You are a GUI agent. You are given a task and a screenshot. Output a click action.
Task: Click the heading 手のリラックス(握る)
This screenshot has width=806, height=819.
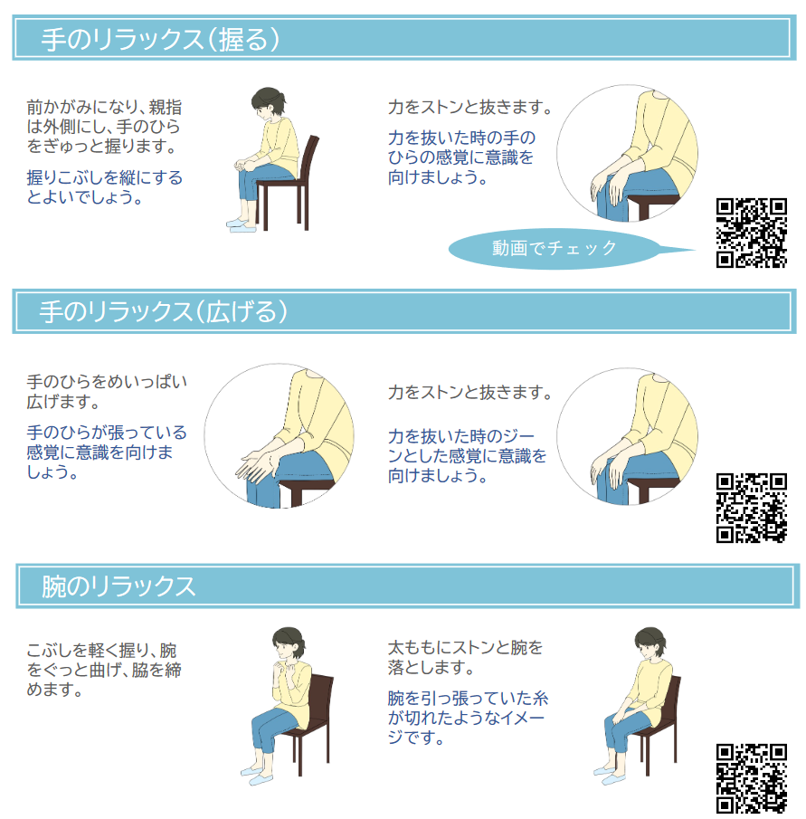[160, 39]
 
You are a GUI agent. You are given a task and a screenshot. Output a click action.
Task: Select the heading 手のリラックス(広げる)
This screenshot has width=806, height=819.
[164, 311]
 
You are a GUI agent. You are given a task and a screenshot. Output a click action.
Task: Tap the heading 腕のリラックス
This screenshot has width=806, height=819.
[119, 586]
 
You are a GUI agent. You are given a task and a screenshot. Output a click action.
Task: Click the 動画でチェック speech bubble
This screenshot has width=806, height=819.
[555, 249]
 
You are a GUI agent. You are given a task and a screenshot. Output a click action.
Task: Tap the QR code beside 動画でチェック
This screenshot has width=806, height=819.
[751, 233]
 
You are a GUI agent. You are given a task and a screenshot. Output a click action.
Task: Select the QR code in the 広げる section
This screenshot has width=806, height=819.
[751, 508]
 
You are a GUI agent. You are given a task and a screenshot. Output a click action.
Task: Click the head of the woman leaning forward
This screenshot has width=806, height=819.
[269, 101]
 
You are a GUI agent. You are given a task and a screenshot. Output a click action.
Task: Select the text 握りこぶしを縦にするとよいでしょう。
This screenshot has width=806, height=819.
[104, 187]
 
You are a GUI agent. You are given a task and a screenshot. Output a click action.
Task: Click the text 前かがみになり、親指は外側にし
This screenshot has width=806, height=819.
[104, 117]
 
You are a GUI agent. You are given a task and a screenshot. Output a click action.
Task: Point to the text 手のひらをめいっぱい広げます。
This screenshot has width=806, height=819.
[107, 392]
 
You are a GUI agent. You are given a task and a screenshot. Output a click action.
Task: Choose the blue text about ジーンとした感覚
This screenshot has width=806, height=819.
[467, 455]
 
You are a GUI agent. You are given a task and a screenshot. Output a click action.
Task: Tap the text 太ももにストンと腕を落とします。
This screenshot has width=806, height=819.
[465, 657]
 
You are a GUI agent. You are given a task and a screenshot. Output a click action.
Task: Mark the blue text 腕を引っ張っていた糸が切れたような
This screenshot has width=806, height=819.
[468, 718]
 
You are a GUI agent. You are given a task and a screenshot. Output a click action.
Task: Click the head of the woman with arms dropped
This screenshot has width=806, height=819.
[650, 643]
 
